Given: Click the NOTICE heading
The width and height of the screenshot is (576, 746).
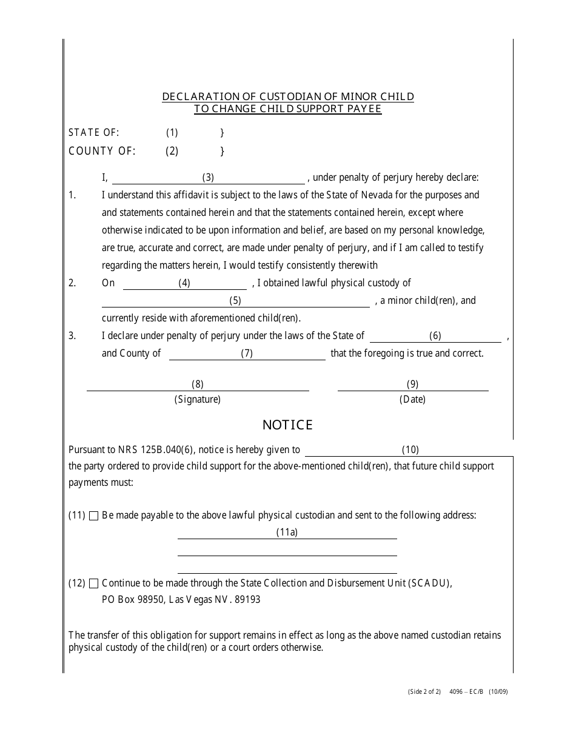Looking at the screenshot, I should click(287, 425).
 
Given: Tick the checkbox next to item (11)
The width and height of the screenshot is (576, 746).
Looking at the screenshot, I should click(93, 516).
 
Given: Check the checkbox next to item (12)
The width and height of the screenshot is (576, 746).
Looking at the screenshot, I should click(93, 584).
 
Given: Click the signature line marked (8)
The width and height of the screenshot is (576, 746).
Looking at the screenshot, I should click(198, 385).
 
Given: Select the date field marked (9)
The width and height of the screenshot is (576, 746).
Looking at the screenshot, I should click(412, 385).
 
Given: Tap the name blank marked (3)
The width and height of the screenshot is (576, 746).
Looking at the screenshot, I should click(208, 178).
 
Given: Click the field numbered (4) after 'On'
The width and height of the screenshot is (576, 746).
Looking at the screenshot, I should click(184, 283).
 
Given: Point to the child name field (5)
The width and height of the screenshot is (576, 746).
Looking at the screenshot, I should click(235, 301).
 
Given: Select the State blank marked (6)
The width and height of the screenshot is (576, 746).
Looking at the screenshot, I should click(435, 336).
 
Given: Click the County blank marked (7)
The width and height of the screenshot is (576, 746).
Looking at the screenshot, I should click(247, 354).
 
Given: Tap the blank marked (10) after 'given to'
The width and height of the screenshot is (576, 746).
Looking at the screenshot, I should click(410, 450).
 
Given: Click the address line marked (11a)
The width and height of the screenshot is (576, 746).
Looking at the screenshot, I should click(287, 533).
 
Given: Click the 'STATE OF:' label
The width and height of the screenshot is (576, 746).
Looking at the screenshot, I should click(94, 133).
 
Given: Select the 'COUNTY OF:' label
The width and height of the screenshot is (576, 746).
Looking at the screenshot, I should click(102, 152).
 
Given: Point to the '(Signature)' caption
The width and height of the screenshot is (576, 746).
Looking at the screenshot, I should click(198, 400).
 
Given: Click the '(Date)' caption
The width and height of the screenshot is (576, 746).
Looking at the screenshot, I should click(412, 400).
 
